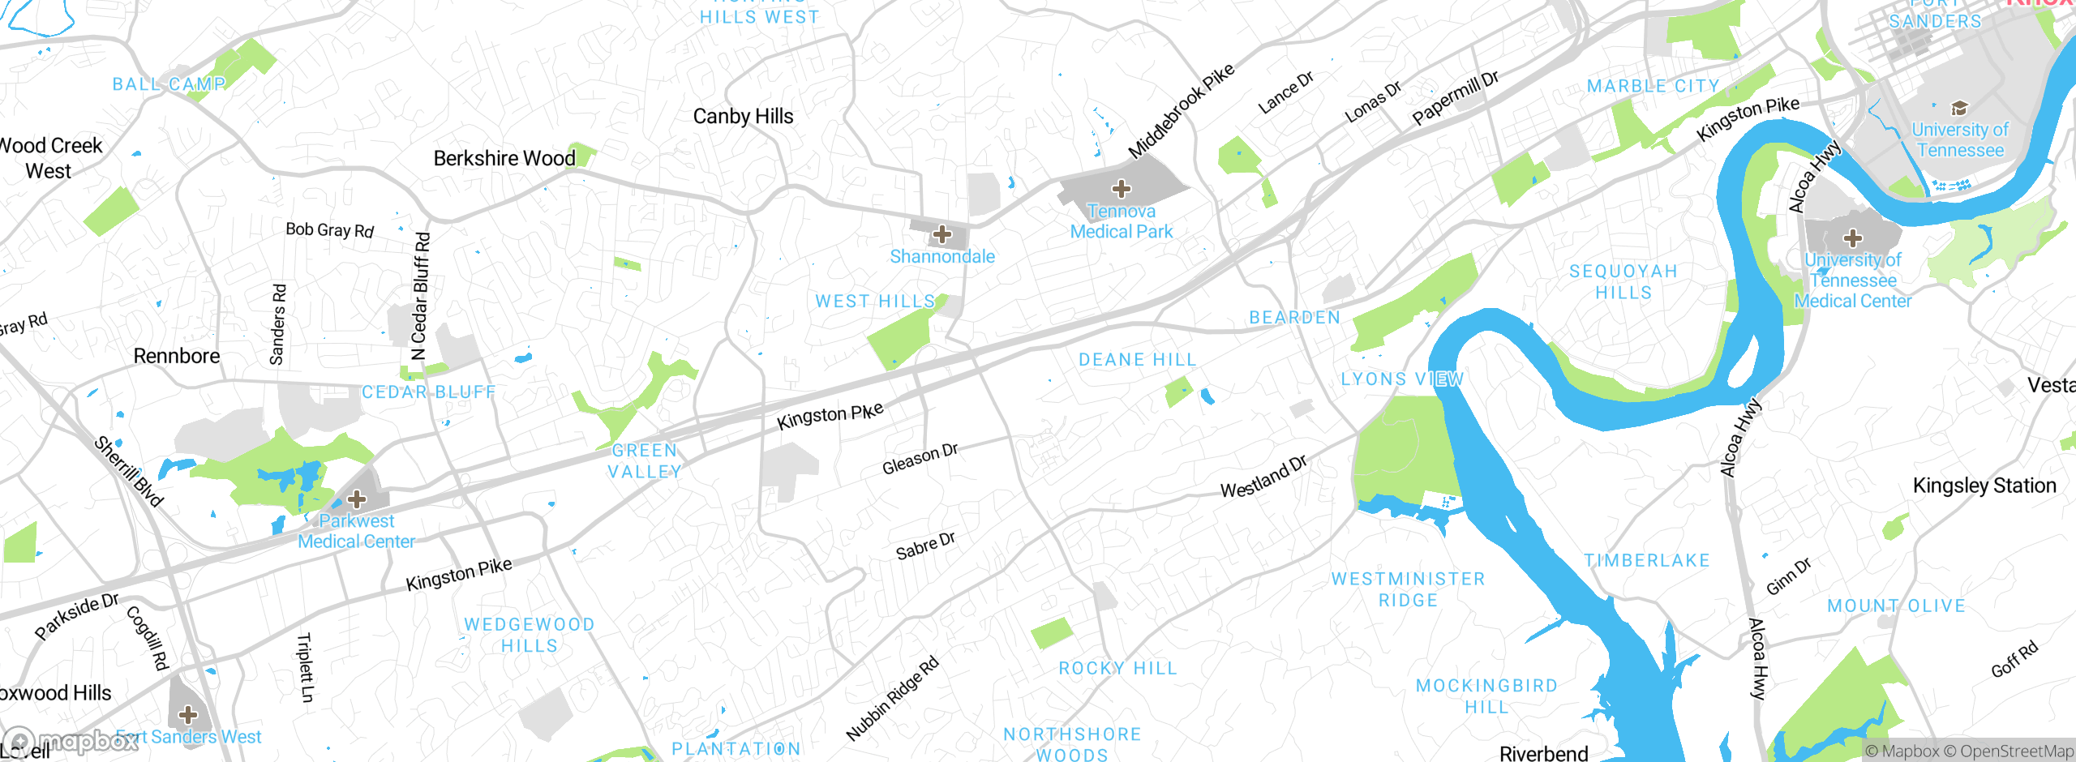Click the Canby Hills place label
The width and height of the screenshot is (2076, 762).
[x=743, y=117]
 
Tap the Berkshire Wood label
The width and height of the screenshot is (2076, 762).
[x=504, y=158]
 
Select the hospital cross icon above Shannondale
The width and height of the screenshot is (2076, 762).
[x=941, y=235]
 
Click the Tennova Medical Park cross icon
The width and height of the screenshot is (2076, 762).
[x=1122, y=190]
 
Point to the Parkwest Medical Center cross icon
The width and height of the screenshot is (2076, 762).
[x=356, y=499]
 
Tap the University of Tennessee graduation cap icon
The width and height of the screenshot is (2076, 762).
[x=1959, y=109]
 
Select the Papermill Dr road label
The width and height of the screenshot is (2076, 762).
[x=1455, y=98]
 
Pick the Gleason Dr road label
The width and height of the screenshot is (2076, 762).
[x=920, y=460]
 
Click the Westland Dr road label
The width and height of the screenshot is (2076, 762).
[x=1263, y=477]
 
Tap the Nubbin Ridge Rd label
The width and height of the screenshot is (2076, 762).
[x=892, y=698]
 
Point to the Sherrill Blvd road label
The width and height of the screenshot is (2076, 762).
[x=129, y=471]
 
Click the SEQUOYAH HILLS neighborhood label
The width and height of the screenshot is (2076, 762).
[x=1623, y=281]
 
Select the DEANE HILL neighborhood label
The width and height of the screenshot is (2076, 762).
[x=1137, y=360]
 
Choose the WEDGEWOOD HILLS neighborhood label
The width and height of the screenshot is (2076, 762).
[x=530, y=635]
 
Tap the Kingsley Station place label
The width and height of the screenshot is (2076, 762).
[x=1984, y=486]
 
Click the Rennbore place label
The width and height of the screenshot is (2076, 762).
[x=177, y=356]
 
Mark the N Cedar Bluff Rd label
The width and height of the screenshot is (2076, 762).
[x=420, y=297]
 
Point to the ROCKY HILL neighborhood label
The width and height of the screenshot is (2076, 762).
[x=1117, y=669]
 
